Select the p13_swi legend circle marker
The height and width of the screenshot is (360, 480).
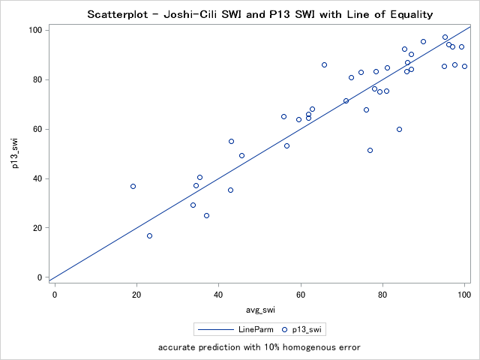tap(284, 328)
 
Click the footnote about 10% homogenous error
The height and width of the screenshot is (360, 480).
tap(259, 347)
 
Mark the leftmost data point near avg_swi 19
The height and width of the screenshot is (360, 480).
tap(133, 186)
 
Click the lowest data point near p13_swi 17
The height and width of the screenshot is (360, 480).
tap(149, 235)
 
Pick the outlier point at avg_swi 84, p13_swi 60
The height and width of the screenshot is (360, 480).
tap(399, 129)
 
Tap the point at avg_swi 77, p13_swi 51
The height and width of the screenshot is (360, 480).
tap(370, 150)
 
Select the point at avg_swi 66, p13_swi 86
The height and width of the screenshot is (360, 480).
tap(324, 64)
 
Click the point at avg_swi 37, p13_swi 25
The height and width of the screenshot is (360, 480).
tap(206, 215)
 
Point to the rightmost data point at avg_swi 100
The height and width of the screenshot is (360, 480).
tap(464, 66)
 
